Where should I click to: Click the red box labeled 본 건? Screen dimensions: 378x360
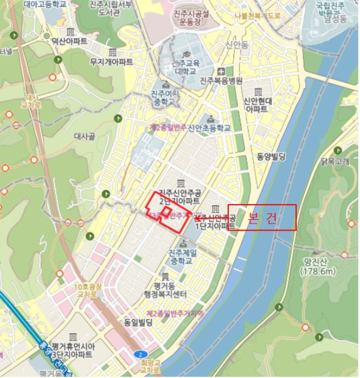pos(262,218)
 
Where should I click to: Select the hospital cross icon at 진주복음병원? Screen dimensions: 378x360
pos(221,72)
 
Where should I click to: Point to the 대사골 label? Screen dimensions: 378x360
pos(84,137)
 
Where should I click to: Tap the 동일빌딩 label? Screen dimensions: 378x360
pos(139,322)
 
